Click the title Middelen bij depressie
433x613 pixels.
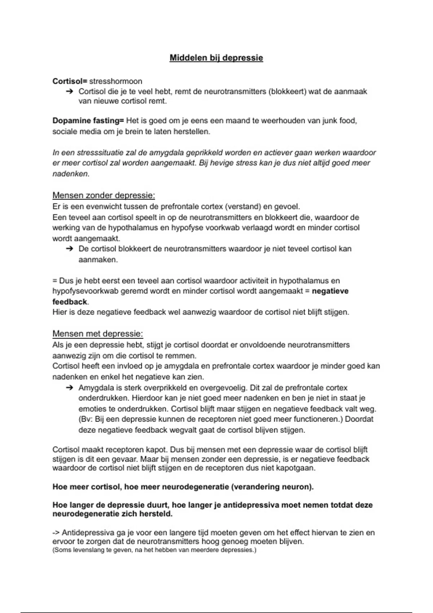[x=216, y=58]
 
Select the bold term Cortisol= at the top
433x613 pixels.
[x=70, y=81]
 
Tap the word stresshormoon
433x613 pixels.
[x=115, y=81]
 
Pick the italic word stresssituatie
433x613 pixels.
[x=92, y=153]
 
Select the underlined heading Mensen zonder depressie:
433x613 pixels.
[x=104, y=195]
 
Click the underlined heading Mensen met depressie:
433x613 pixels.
[x=97, y=334]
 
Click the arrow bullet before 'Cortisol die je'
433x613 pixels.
[x=69, y=92]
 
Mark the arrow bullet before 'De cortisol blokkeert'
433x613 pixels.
[x=69, y=249]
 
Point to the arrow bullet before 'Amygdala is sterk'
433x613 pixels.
[x=69, y=388]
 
